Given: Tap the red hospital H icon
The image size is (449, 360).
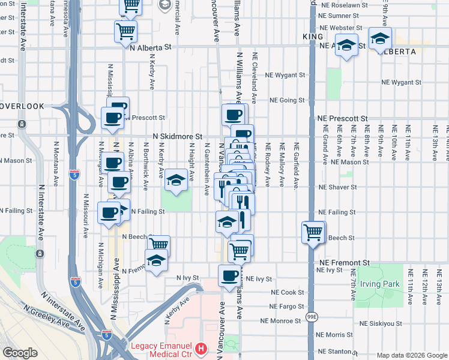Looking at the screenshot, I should (202, 347).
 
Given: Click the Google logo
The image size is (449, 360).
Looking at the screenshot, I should (20, 353).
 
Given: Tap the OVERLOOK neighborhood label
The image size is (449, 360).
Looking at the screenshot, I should (22, 106).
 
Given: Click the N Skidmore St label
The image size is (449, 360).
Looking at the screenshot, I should (177, 137).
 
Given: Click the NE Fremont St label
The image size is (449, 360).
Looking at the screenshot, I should (345, 263).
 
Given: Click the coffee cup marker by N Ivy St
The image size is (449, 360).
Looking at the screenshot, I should (229, 275).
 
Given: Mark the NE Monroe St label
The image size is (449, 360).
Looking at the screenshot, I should (281, 321).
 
